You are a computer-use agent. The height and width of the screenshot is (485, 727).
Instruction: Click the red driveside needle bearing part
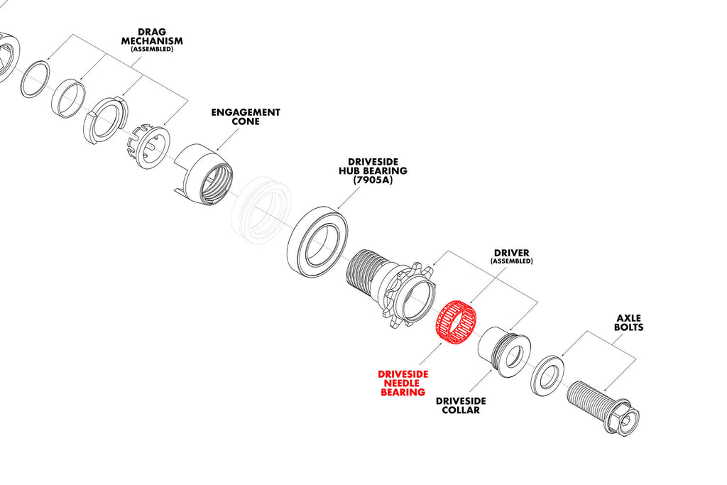[455, 323]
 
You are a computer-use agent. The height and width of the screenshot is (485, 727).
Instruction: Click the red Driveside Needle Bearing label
[401, 383]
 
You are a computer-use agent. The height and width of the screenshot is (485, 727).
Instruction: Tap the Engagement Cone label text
[246, 117]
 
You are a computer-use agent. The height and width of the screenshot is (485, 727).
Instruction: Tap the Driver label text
[511, 253]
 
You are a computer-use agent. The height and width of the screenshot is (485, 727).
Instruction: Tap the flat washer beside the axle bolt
[547, 374]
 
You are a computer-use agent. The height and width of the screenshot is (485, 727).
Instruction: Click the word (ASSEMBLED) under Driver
[511, 261]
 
